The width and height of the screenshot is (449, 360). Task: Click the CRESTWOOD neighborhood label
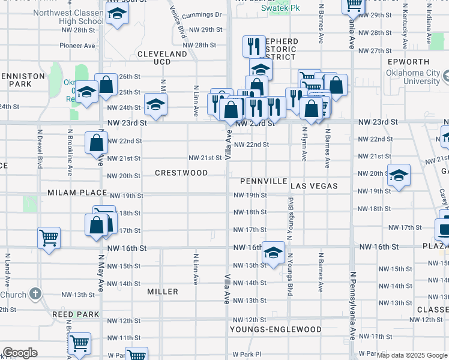point(181,173)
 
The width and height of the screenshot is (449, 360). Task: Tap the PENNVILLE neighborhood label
point(264,181)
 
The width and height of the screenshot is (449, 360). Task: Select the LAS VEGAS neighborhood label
point(314,187)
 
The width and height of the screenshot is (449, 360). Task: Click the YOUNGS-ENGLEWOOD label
point(277,329)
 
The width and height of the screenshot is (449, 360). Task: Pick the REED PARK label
point(75,314)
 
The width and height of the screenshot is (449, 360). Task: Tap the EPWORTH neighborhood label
point(408,62)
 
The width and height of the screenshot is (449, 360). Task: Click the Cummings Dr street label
point(203,14)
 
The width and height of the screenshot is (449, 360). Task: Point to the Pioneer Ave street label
point(77,45)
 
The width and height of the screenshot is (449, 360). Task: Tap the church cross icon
point(35,294)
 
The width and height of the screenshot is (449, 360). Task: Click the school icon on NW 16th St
point(273,252)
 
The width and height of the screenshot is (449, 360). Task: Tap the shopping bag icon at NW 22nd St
point(96,143)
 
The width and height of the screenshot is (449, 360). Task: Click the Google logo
point(20,352)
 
